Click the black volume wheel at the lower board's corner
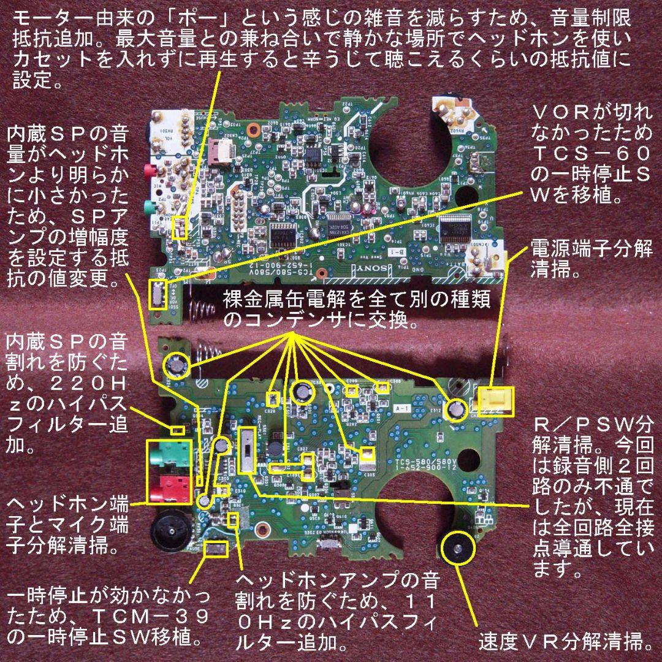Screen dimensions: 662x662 coord(169,531)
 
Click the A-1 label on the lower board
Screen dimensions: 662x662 coord(402,406)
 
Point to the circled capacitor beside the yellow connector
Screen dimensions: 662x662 coord(456,408)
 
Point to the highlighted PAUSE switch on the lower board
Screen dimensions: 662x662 coord(215,547)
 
